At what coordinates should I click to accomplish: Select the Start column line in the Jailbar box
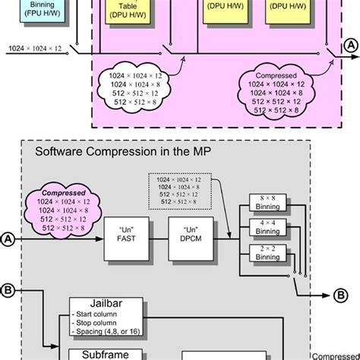point(96,315)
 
